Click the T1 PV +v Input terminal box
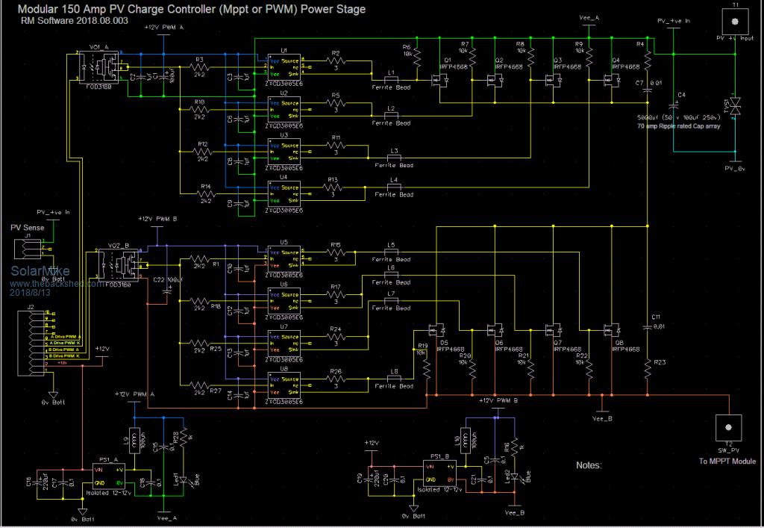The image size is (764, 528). (x=735, y=20)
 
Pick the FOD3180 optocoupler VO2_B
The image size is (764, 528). (x=119, y=264)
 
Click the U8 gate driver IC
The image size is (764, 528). (x=284, y=384)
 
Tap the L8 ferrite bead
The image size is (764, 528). (x=392, y=377)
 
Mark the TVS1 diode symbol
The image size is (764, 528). (x=735, y=107)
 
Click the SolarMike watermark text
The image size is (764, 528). (x=33, y=272)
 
